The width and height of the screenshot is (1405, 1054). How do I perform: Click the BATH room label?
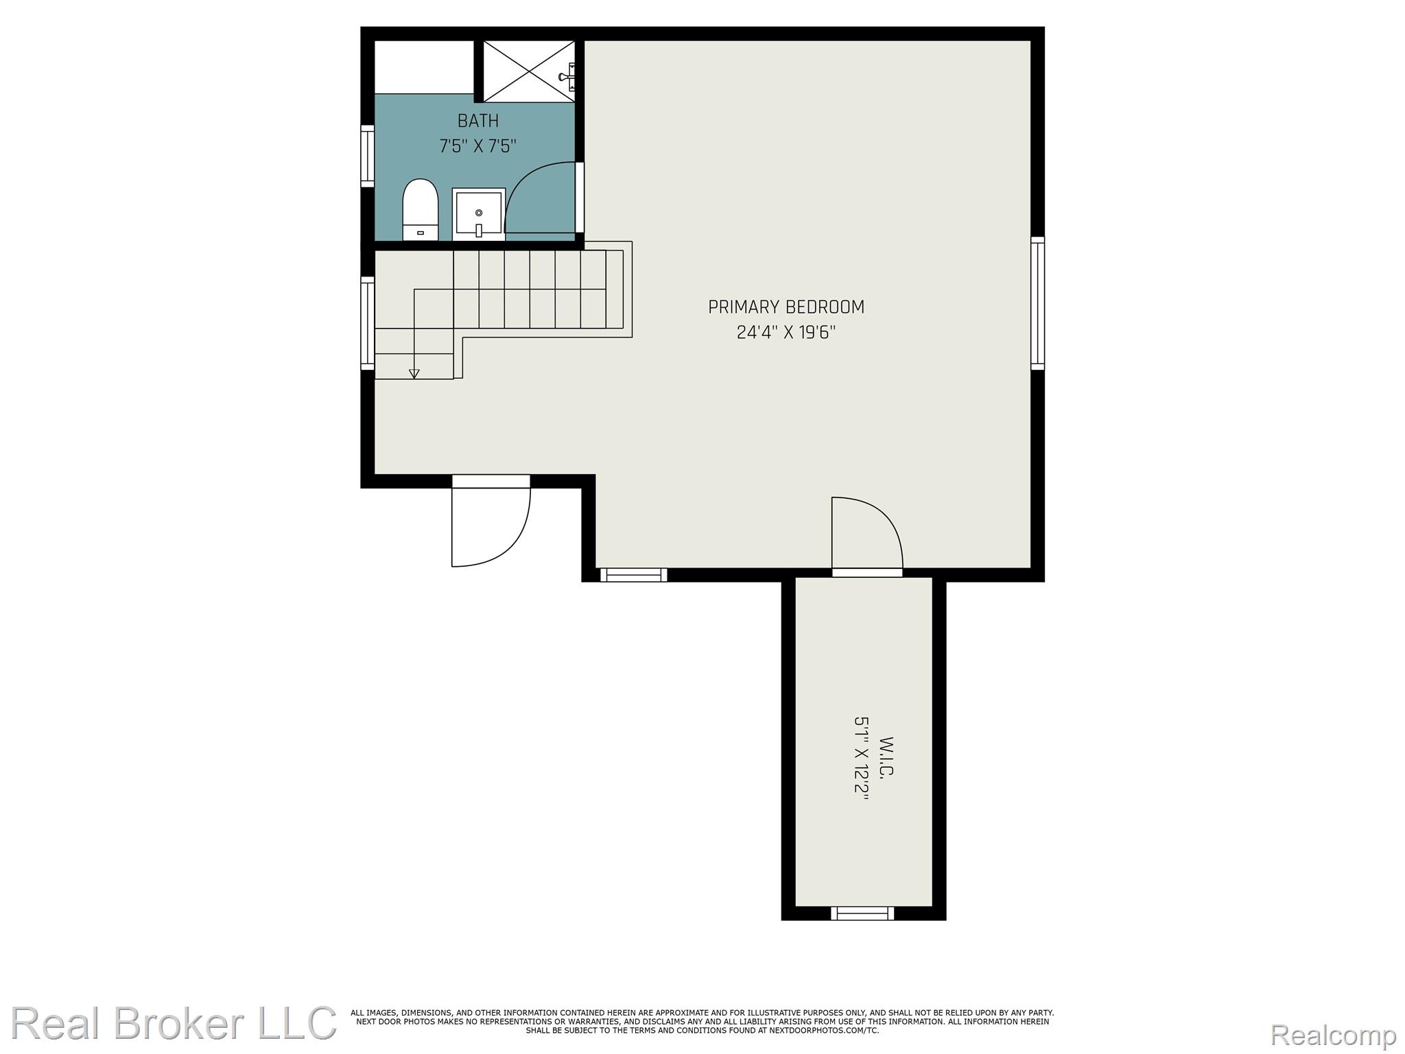pos(478,121)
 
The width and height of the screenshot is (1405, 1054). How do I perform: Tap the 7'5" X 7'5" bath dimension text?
pos(477,146)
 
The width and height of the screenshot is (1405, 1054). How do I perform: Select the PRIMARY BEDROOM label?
pos(786,307)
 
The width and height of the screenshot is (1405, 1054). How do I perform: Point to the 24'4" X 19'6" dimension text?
pos(786,333)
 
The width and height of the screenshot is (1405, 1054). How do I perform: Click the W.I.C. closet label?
pos(887,758)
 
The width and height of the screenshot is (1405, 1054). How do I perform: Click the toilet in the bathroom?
pos(420,209)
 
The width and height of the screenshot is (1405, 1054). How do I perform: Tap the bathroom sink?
pos(479,214)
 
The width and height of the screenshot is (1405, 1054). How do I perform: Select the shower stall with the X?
pos(529,71)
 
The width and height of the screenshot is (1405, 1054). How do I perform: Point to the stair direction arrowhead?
pos(414,373)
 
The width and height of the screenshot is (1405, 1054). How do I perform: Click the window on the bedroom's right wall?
pos(1037,303)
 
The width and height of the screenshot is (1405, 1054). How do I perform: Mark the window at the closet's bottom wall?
pos(862,913)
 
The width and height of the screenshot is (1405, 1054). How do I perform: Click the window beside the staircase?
pos(368,324)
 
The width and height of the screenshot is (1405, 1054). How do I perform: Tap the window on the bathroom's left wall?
pos(368,156)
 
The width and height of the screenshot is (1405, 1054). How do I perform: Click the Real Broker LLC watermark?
pos(174,1023)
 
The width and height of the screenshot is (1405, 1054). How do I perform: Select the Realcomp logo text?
pos(1333,1035)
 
